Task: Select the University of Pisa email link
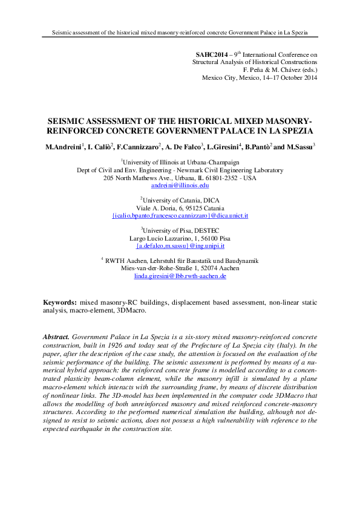point(180,245)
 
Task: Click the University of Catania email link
point(180,215)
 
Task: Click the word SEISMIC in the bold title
point(67,121)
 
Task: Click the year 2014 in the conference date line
point(308,78)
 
